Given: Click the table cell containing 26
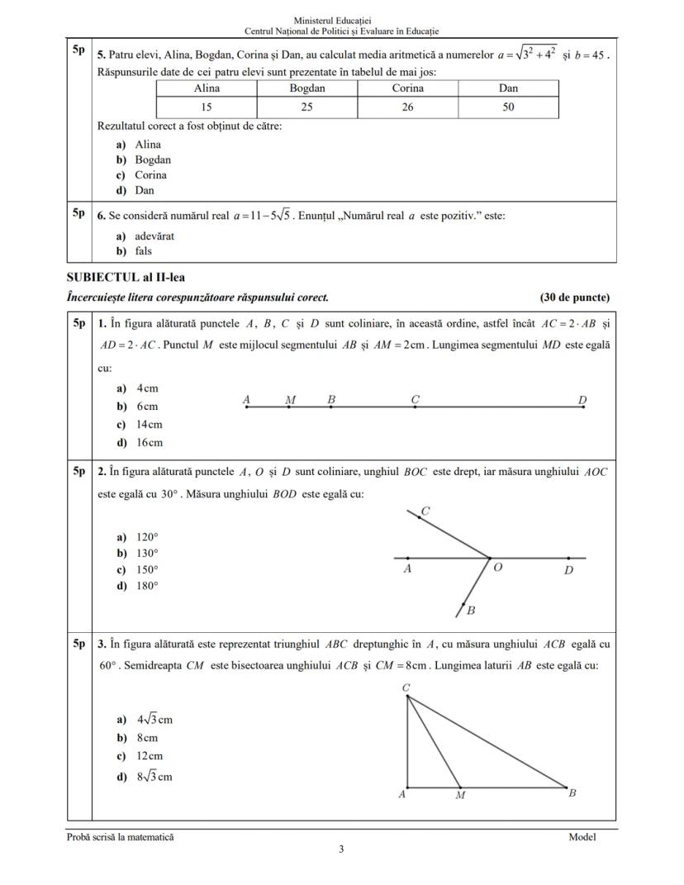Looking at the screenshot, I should pos(407,107).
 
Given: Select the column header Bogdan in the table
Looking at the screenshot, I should pos(307,88).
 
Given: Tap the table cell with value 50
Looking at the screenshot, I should pos(508,107).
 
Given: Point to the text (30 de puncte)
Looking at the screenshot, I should pos(575,297).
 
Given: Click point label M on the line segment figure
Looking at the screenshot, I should pos(290,400).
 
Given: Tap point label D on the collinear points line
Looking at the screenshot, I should pos(582,400).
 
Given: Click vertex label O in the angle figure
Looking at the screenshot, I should pos(498,569).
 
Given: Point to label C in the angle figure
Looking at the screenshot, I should pos(425,511).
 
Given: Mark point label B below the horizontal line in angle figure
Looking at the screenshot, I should pos(471,611).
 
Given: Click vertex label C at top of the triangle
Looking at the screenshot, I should pos(406,688).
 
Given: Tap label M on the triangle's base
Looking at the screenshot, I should pos(460,796).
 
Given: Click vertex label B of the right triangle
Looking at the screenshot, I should pos(572,793).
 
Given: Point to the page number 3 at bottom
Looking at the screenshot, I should pos(341,849).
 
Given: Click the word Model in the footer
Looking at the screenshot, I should pos(582,837).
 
